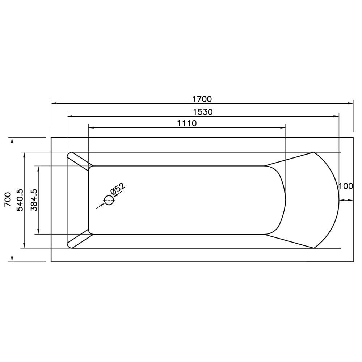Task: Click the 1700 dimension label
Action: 202,99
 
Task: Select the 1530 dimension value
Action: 202,112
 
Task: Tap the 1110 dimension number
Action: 187,123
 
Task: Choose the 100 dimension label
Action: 346,186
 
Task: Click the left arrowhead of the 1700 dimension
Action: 54,103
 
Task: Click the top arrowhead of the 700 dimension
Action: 12,140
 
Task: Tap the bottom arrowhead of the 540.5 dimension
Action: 24,246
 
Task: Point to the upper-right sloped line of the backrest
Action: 290,159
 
